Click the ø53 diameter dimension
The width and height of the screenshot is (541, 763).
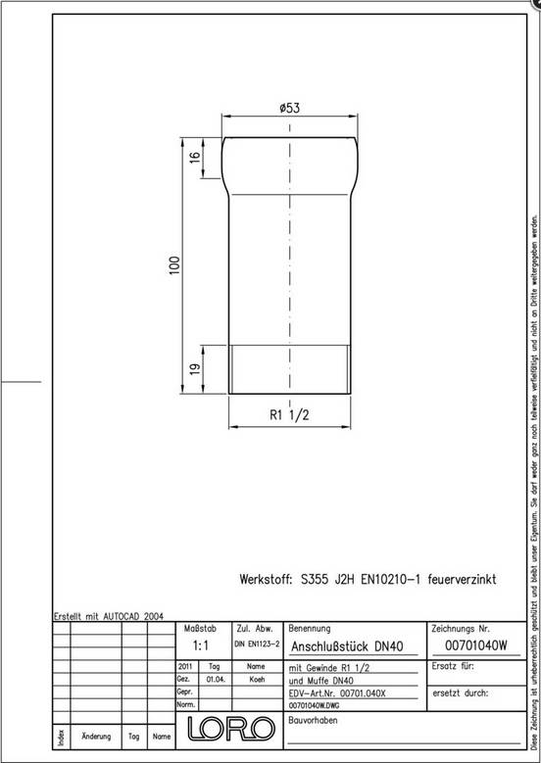pyautogui.click(x=289, y=109)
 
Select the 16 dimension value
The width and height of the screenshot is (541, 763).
pyautogui.click(x=194, y=158)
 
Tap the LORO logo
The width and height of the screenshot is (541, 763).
pyautogui.click(x=230, y=729)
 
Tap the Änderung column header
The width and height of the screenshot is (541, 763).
pyautogui.click(x=95, y=735)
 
